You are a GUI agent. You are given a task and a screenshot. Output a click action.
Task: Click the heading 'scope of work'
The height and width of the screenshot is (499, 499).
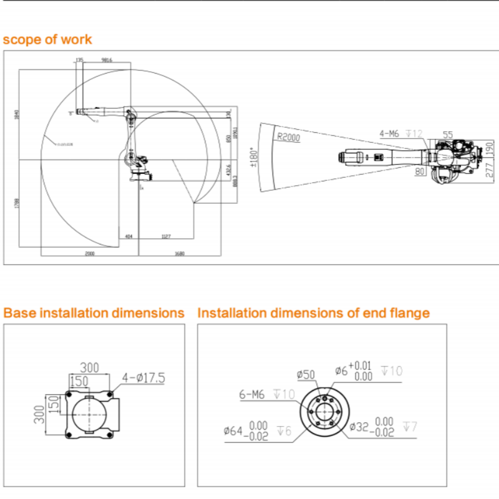(x=47, y=39)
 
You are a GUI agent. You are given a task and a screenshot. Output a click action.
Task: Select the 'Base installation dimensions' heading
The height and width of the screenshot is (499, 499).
(x=94, y=312)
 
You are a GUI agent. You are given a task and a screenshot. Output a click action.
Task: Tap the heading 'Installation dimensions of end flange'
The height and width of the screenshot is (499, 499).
(x=313, y=312)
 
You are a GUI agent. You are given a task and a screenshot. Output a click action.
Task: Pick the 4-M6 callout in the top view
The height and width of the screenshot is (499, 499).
(x=390, y=133)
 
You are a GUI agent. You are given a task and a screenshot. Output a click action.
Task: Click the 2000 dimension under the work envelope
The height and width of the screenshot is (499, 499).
(x=90, y=254)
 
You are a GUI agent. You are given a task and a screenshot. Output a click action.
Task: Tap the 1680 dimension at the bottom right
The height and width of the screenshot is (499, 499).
(x=180, y=254)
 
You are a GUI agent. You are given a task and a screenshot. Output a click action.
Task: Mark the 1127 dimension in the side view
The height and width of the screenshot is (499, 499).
(x=166, y=236)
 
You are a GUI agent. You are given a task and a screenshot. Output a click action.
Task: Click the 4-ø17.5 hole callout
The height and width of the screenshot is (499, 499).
(x=143, y=377)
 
